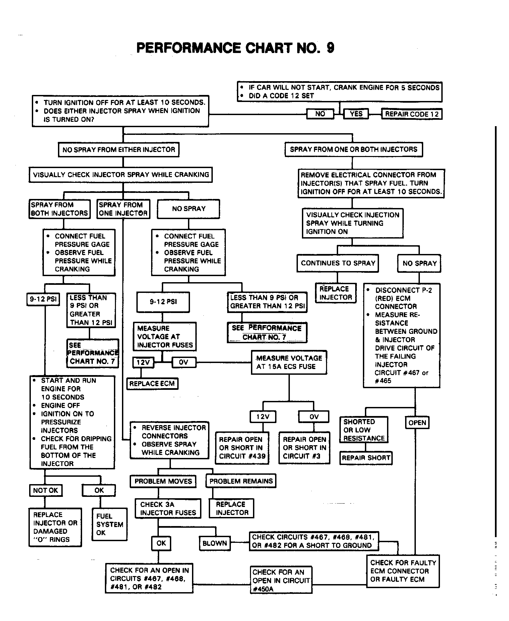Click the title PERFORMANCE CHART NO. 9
tap(235, 48)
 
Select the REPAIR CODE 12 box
tap(411, 114)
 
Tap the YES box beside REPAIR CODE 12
tap(356, 114)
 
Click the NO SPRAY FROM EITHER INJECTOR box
tap(119, 150)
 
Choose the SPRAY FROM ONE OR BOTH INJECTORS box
tap(354, 149)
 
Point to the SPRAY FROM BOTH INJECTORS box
tap(59, 209)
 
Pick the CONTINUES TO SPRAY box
tap(338, 263)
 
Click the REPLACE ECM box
tap(152, 383)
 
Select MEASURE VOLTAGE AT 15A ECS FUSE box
tap(289, 362)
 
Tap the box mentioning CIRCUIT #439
tap(242, 448)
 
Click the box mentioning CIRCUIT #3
tap(304, 448)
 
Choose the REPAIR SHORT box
tap(366, 458)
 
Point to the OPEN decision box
tap(417, 423)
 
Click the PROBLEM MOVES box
tap(163, 481)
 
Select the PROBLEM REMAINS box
tap(241, 481)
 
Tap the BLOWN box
tap(215, 543)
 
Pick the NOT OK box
tap(46, 490)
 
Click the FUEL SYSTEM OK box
tap(110, 524)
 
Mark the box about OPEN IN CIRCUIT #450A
tap(281, 580)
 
